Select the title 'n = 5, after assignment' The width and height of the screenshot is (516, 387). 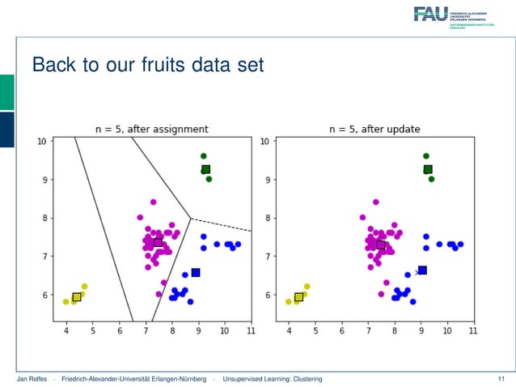[151, 129]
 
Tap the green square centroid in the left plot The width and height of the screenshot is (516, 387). [205, 170]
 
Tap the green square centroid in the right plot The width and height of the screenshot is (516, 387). [428, 170]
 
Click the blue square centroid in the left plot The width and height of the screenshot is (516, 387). [196, 273]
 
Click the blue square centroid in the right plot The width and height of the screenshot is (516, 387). [422, 270]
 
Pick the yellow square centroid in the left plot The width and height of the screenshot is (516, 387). [77, 297]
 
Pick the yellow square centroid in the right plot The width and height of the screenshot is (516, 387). [299, 297]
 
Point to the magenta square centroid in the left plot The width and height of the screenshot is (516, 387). [158, 243]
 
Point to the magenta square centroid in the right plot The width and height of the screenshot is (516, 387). [381, 245]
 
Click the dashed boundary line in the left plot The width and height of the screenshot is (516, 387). [222, 225]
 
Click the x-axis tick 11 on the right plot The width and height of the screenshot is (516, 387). [473, 330]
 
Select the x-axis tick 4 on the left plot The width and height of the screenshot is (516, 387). [66, 330]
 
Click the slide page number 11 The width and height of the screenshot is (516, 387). [501, 379]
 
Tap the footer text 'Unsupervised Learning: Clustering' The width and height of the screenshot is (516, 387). [273, 379]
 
